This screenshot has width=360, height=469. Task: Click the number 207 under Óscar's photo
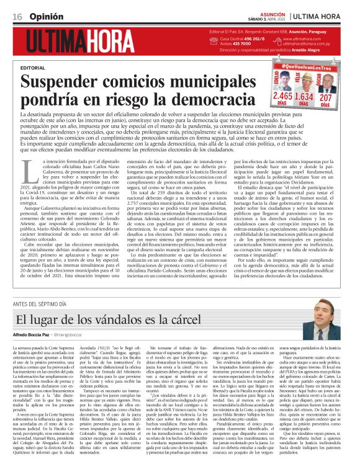pos(326,97)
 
